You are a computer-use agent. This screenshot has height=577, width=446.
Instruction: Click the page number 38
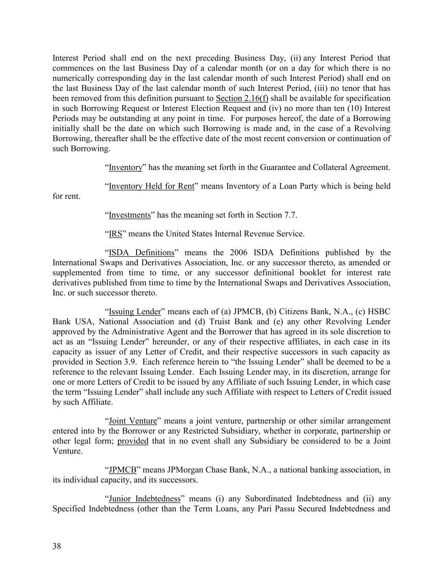point(57,546)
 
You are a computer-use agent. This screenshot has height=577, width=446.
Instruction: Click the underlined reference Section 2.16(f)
point(242,98)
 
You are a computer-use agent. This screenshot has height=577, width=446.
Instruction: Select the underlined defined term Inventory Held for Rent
point(151,186)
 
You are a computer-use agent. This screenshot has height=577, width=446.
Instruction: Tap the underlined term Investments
point(130,215)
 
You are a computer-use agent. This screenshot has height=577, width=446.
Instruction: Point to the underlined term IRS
point(115,234)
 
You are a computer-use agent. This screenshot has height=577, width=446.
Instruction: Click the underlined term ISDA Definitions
point(142,253)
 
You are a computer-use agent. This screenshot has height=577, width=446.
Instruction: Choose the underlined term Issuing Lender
point(135,312)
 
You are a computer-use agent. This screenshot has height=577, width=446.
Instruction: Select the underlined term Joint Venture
point(133,421)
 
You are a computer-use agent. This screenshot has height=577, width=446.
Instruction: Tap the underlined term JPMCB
point(123,470)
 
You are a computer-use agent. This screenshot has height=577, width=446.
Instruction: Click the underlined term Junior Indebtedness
point(145,499)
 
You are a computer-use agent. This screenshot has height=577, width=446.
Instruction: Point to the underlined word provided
point(133,441)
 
